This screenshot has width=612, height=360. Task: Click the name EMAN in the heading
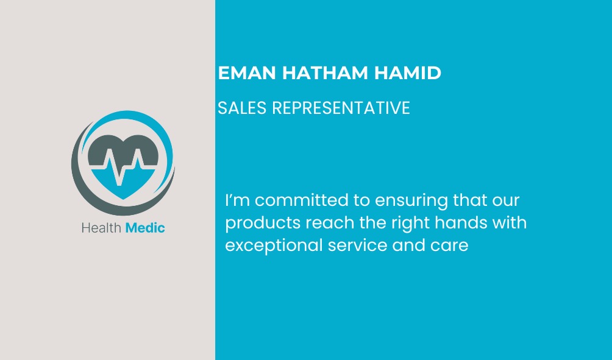pyautogui.click(x=247, y=73)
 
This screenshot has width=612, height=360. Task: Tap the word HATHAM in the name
pyautogui.click(x=325, y=73)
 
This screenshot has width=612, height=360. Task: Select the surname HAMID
pyautogui.click(x=407, y=73)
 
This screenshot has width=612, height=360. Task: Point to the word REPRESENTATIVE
pyautogui.click(x=341, y=108)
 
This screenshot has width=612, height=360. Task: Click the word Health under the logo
pyautogui.click(x=101, y=228)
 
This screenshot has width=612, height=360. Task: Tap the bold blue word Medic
pyautogui.click(x=145, y=228)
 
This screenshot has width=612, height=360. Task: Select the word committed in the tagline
pyautogui.click(x=301, y=200)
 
